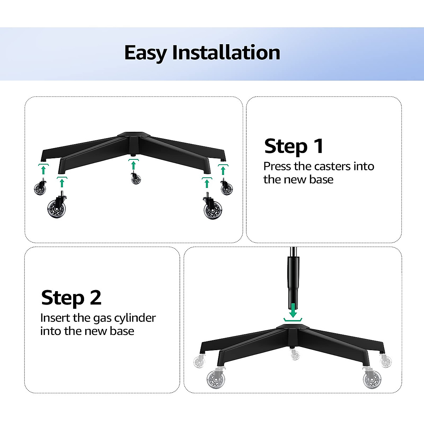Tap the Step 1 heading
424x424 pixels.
coord(294,146)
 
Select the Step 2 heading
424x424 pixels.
coord(71,298)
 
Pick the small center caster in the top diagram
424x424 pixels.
coord(136,178)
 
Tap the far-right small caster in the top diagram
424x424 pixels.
coord(226,188)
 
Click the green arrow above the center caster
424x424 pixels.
coord(133,165)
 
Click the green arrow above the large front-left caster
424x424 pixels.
coord(62,182)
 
